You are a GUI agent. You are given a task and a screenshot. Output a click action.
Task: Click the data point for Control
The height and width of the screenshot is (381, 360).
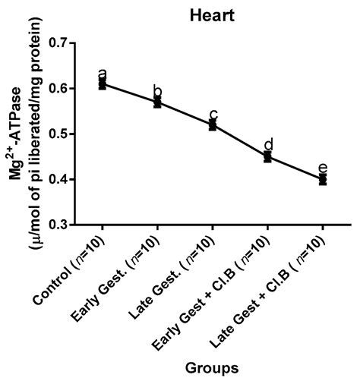click(x=103, y=83)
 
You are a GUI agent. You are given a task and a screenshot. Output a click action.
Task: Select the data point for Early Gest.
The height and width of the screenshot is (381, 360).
click(x=157, y=102)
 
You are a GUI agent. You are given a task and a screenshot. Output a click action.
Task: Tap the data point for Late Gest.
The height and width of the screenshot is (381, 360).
click(x=213, y=124)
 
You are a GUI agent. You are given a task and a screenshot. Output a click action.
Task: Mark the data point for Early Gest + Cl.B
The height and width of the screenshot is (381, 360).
click(x=267, y=156)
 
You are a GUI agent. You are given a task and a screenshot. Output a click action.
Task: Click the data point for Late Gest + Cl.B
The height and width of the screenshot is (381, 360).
click(x=323, y=179)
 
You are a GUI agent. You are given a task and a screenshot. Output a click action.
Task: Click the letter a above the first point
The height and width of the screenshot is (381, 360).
click(x=103, y=74)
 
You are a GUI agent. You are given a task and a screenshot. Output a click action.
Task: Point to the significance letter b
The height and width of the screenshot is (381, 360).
click(x=157, y=91)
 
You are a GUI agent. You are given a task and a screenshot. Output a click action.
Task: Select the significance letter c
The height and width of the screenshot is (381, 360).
click(x=213, y=115)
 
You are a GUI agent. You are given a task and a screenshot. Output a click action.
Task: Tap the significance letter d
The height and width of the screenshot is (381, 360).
click(x=267, y=144)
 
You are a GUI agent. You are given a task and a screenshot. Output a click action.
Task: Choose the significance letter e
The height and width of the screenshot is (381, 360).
click(x=323, y=168)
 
